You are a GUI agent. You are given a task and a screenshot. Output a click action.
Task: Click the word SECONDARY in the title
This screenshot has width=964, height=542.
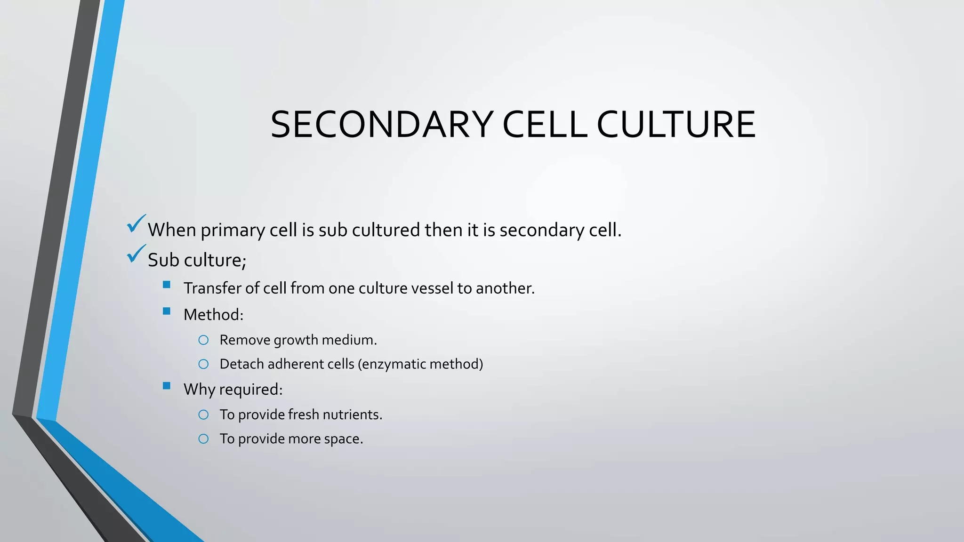click(382, 125)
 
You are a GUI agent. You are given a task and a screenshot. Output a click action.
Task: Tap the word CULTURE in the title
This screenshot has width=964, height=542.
click(676, 125)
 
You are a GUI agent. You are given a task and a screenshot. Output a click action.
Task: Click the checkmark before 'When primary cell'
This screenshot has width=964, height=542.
click(136, 224)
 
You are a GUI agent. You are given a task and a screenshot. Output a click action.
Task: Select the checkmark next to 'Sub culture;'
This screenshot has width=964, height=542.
click(136, 254)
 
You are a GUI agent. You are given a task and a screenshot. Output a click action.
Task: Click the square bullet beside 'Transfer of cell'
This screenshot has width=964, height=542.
click(166, 285)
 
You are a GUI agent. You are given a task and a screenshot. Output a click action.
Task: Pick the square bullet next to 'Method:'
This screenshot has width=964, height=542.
click(166, 311)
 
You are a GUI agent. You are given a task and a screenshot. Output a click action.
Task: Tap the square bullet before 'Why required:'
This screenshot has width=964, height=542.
click(166, 386)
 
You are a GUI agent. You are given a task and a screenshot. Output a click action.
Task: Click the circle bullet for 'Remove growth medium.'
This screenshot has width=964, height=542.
click(203, 340)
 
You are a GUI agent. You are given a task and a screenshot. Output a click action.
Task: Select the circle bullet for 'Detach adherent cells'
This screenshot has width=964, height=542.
click(203, 364)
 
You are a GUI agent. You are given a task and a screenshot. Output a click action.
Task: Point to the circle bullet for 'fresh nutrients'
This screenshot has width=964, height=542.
click(203, 414)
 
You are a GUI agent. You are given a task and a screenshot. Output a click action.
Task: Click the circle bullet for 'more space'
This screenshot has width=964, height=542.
click(203, 438)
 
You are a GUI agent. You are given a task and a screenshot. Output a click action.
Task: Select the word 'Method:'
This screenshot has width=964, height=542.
click(213, 315)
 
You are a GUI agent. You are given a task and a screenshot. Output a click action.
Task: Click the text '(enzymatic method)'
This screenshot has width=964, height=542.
click(420, 364)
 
